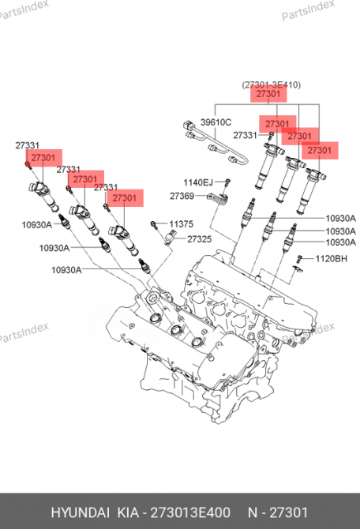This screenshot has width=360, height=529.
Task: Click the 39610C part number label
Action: [215, 122]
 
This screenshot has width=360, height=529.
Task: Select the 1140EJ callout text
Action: [197, 183]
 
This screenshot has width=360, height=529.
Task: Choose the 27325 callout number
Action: [199, 238]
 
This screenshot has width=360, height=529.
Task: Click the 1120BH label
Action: [332, 258]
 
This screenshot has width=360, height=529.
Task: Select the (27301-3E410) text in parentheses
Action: [271, 84]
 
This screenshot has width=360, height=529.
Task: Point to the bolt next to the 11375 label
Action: [156, 225]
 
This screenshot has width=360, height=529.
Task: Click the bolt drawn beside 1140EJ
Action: [226, 182]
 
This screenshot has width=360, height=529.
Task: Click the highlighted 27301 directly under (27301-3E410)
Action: [268, 95]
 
